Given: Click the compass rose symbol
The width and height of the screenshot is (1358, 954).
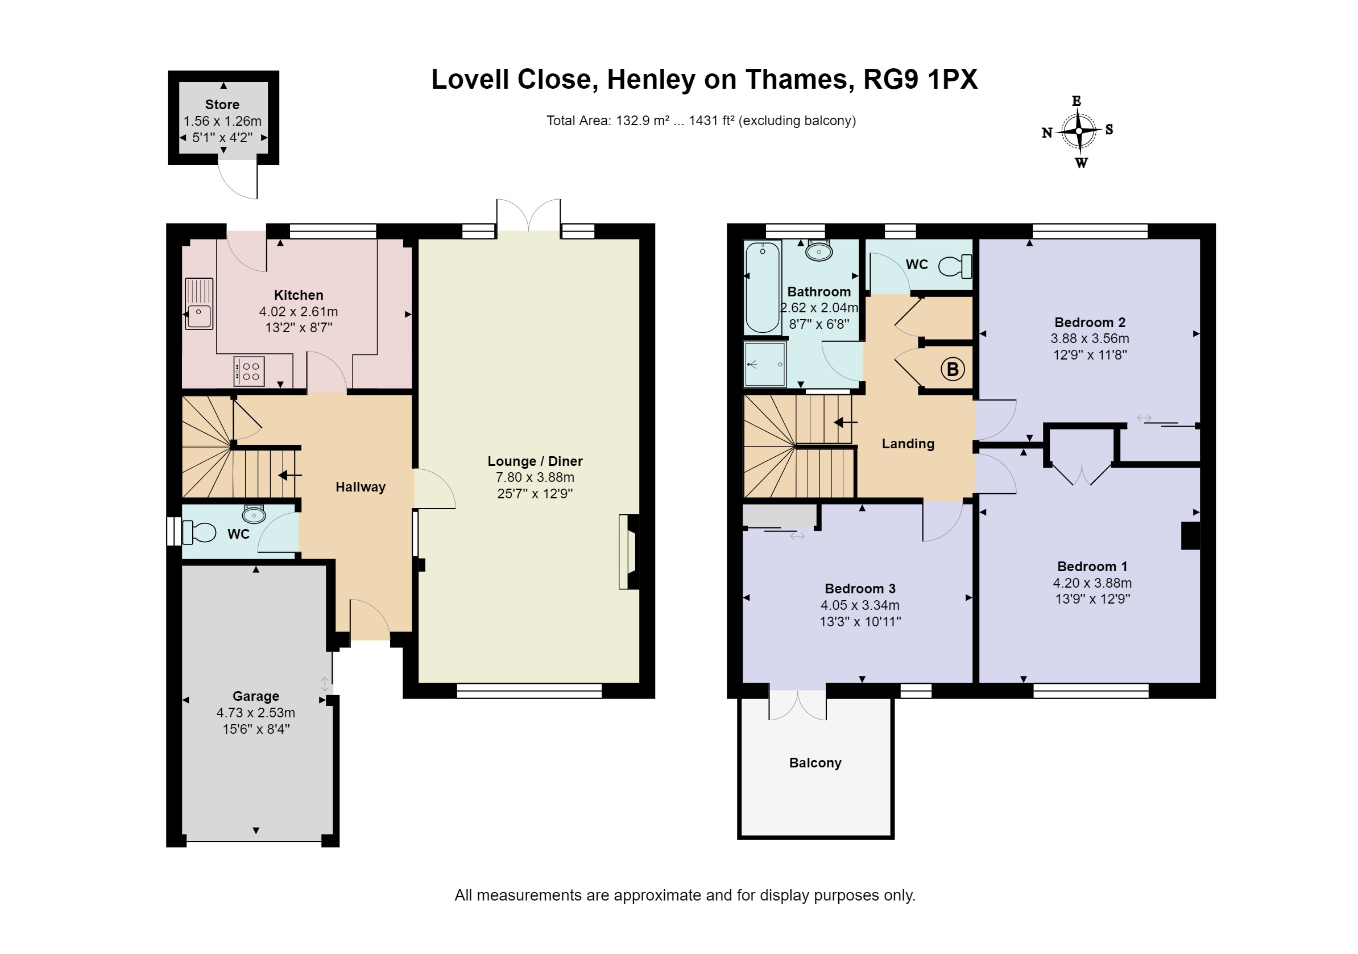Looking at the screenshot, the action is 1079,131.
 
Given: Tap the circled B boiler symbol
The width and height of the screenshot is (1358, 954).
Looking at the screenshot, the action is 953,369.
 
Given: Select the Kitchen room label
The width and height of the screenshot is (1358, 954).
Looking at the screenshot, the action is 299,295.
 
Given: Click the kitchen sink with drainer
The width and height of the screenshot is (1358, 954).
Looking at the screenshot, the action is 198,304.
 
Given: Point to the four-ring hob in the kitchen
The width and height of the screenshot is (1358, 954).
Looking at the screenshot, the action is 249,371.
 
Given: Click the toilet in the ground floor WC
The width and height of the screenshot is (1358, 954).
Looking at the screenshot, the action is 198,532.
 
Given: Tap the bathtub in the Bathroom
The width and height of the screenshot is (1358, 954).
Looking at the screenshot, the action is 763,288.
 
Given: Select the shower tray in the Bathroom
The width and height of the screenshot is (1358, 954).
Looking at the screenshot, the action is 765,364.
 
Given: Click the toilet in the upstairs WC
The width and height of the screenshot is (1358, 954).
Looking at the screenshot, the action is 955,266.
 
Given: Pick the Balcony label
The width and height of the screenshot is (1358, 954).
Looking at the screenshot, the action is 815,763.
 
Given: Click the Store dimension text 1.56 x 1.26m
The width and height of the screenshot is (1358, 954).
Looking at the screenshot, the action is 222,121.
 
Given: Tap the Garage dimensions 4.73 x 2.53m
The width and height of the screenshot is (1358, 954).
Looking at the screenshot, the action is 255,713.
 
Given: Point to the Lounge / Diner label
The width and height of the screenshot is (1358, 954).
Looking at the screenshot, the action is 535,461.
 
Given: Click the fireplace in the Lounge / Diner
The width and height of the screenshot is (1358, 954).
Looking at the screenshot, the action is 629,552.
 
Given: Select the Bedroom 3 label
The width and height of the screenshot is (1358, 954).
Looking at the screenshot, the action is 860,589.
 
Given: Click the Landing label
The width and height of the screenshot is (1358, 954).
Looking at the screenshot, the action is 908,444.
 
